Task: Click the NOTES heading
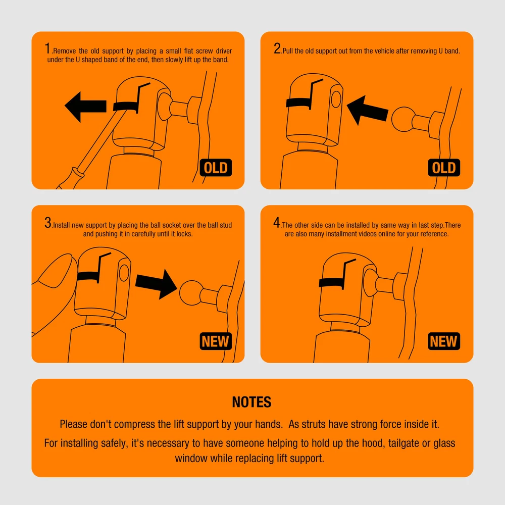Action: (252, 401)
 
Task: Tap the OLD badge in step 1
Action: (216, 168)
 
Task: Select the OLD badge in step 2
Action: (444, 168)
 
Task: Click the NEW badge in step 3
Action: (216, 341)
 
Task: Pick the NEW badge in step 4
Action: (444, 341)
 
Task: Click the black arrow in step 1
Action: (85, 107)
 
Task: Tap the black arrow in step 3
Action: (156, 284)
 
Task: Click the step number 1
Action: (47, 48)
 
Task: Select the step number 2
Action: (277, 48)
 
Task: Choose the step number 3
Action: (48, 223)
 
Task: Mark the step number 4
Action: (277, 223)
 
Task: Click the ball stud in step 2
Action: (403, 119)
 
